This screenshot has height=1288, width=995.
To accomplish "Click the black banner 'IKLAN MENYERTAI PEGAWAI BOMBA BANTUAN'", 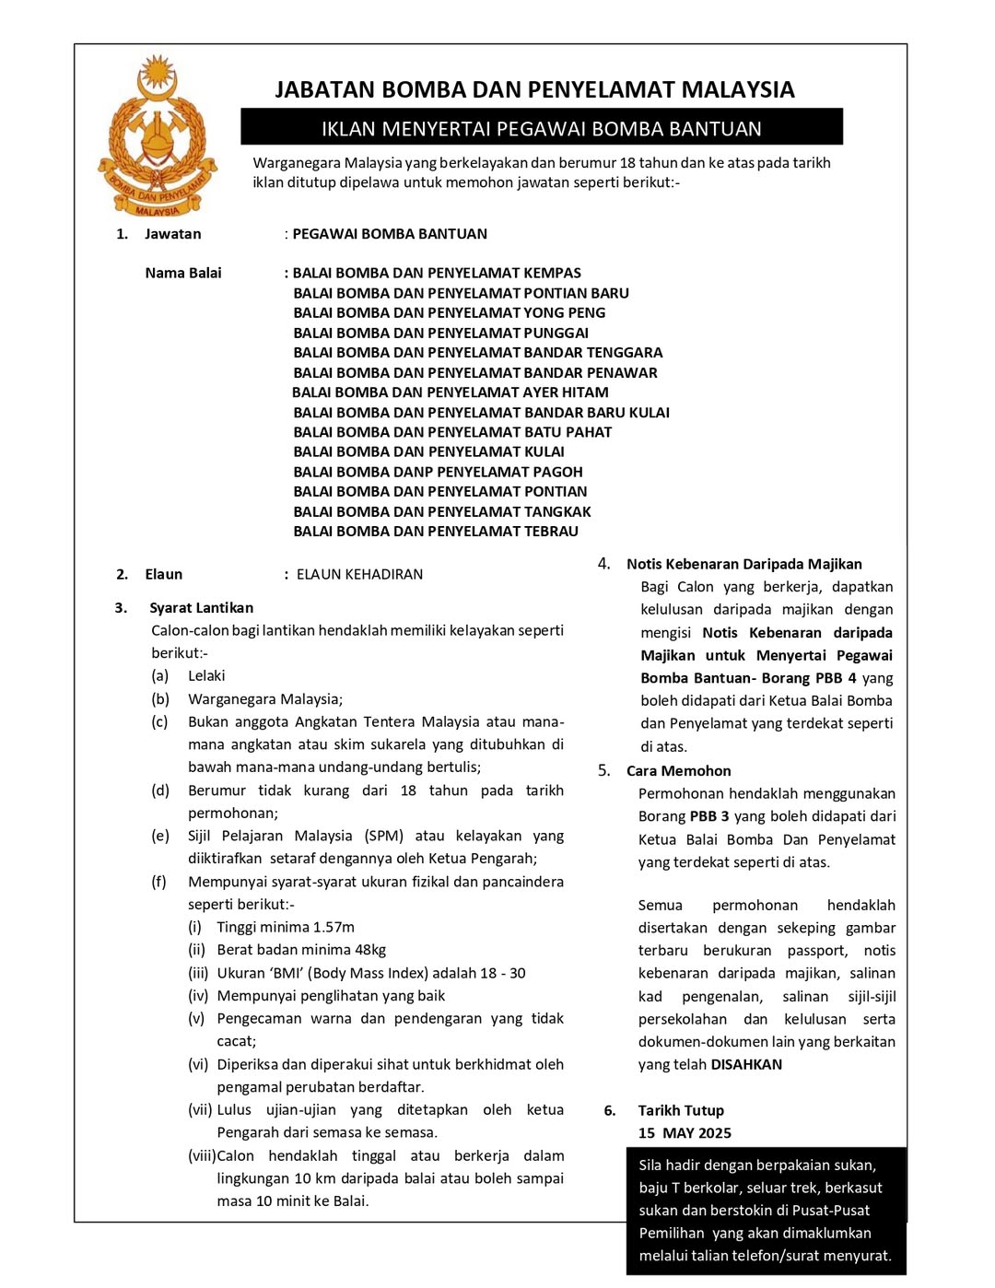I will [x=541, y=128].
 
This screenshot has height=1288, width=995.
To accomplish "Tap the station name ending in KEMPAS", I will [x=437, y=273].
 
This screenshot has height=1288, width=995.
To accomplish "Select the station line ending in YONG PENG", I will [x=449, y=312].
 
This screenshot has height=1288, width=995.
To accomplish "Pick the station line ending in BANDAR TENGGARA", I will [x=477, y=352].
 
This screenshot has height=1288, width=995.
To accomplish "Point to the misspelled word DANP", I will [x=413, y=472].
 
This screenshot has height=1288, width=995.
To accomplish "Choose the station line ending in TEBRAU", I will [x=436, y=531].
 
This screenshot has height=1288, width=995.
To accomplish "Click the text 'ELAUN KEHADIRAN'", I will [x=359, y=574].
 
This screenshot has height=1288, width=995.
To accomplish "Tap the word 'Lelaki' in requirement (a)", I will [x=206, y=675].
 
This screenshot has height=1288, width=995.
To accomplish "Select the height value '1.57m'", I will [x=334, y=927].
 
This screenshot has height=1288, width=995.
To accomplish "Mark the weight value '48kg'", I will [x=368, y=950].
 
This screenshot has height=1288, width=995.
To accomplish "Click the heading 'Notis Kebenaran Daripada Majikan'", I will [x=743, y=564].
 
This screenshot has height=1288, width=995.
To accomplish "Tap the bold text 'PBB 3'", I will [x=709, y=816].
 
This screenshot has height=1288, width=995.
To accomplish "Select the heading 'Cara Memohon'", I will [x=678, y=771].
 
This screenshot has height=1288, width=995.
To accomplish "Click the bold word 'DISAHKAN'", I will [x=746, y=1064].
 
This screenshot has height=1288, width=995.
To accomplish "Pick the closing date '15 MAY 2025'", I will [x=685, y=1133].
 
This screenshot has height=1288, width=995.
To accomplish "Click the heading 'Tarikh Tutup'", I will [x=681, y=1110].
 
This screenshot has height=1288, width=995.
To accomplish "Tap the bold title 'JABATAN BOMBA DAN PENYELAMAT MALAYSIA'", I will [x=534, y=89].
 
